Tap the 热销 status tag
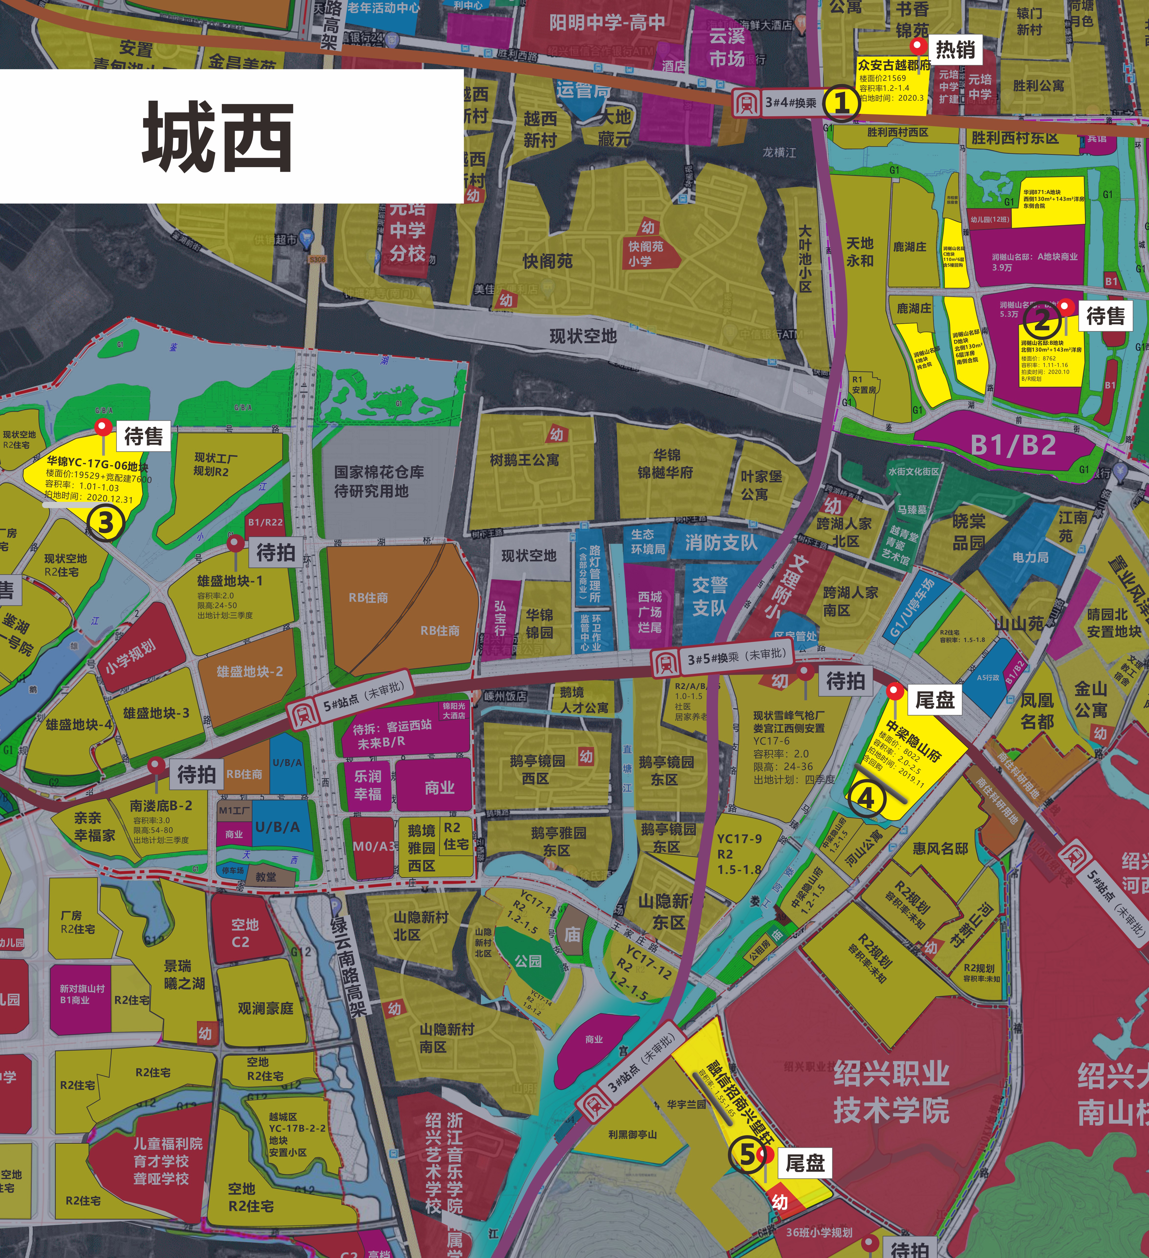(954, 49)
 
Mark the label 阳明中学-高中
(607, 23)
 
